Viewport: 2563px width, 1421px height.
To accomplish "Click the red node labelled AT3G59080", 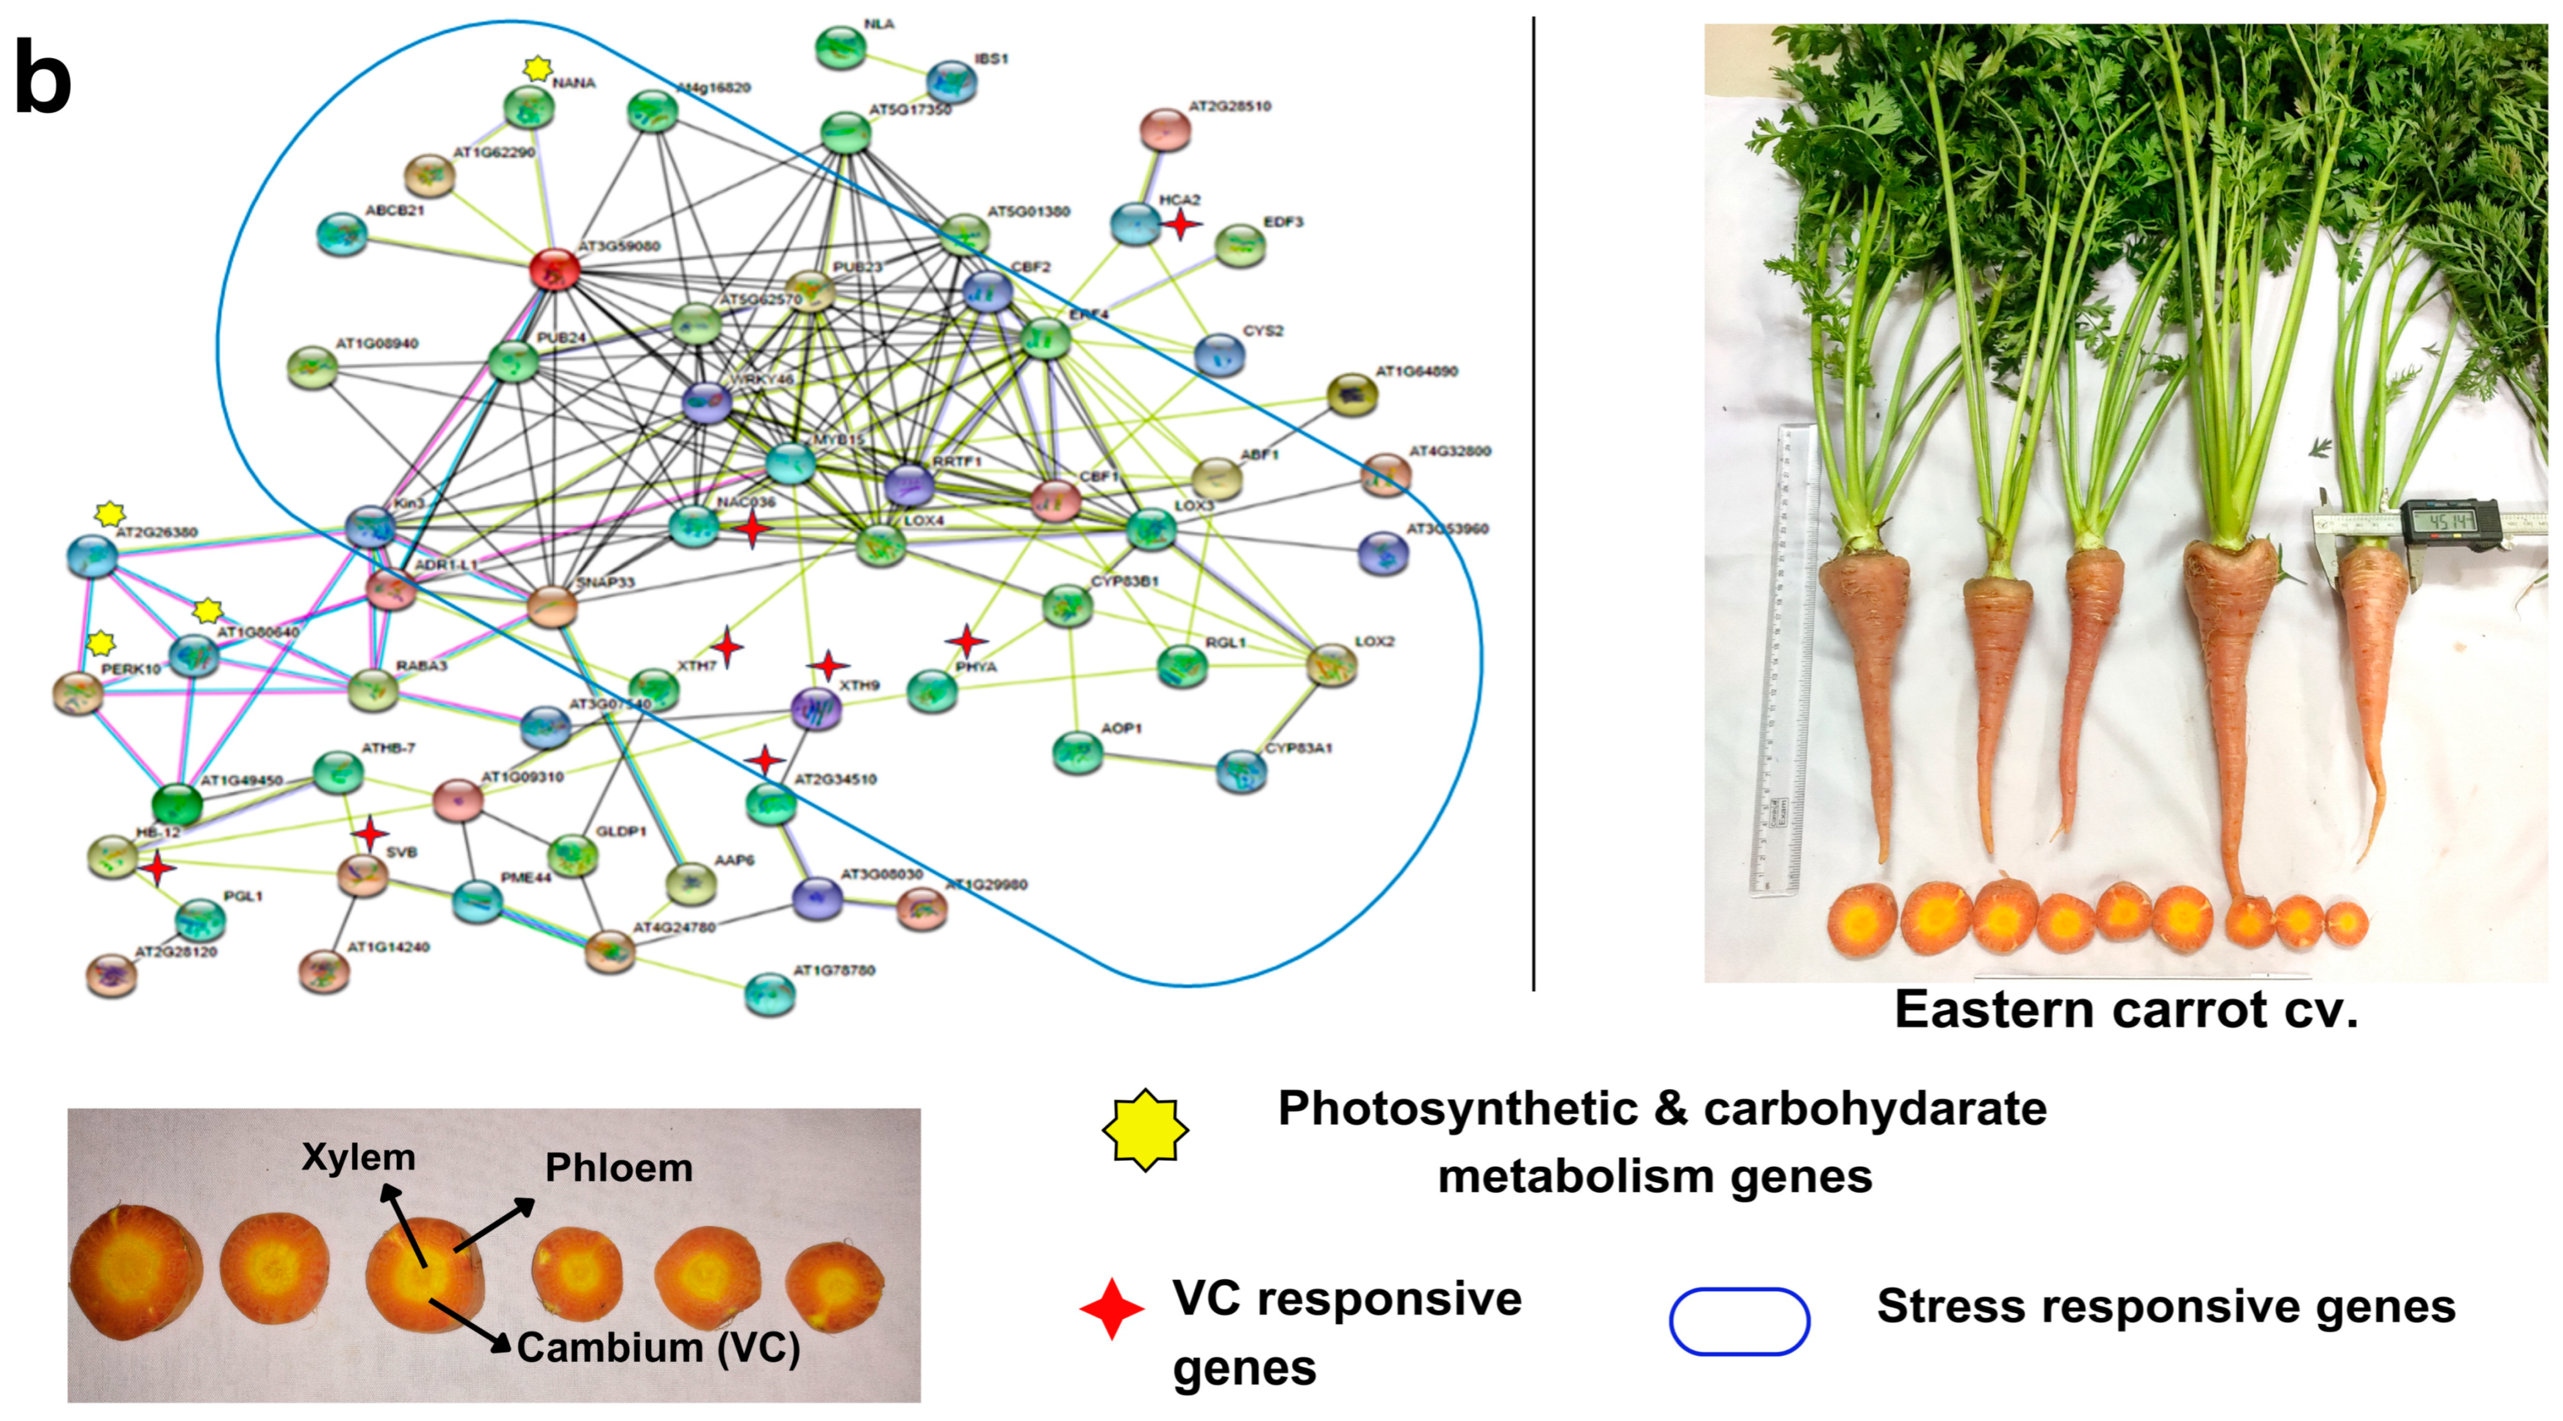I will [554, 269].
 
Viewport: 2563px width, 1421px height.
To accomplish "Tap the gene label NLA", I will [879, 24].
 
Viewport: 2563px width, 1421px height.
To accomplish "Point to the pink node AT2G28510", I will [1165, 130].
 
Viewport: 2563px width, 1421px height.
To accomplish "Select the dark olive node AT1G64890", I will [1352, 394].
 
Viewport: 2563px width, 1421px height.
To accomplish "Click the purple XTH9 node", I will [816, 708].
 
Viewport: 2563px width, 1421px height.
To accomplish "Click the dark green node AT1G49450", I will [177, 803].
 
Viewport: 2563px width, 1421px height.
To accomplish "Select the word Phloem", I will [619, 1167].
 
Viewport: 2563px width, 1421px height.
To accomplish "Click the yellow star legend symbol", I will [1145, 1130].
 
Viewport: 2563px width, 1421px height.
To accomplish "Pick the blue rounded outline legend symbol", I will [1739, 1321].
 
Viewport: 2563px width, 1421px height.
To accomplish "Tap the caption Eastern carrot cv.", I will [2126, 1010].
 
